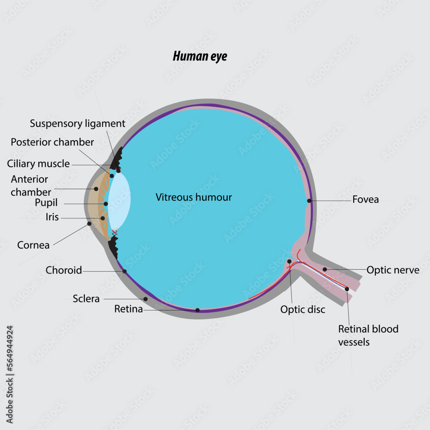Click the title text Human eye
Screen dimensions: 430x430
pyautogui.click(x=200, y=56)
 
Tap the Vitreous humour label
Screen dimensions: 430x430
pyautogui.click(x=194, y=197)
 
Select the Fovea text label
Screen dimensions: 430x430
pyautogui.click(x=365, y=200)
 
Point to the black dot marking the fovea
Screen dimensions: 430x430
pyautogui.click(x=309, y=201)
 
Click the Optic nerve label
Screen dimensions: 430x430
pyautogui.click(x=393, y=270)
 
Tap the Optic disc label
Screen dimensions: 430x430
pyautogui.click(x=303, y=310)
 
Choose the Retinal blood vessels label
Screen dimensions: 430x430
pyautogui.click(x=368, y=335)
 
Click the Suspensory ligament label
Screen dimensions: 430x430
pyautogui.click(x=77, y=124)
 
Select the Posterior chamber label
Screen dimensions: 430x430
pyautogui.click(x=52, y=142)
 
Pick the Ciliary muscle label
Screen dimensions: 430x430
pyautogui.click(x=38, y=164)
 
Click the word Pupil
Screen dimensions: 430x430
pyautogui.click(x=46, y=203)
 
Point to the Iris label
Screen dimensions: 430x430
pyautogui.click(x=52, y=217)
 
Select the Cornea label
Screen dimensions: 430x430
pyautogui.click(x=33, y=245)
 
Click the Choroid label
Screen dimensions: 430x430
pyautogui.click(x=64, y=270)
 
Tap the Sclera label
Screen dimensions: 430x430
pyautogui.click(x=86, y=298)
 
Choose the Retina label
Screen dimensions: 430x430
pyautogui.click(x=128, y=309)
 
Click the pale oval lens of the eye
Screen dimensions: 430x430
pyautogui.click(x=119, y=200)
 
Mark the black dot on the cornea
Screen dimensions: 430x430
pyautogui.click(x=89, y=224)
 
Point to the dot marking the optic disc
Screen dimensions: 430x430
pyautogui.click(x=289, y=261)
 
